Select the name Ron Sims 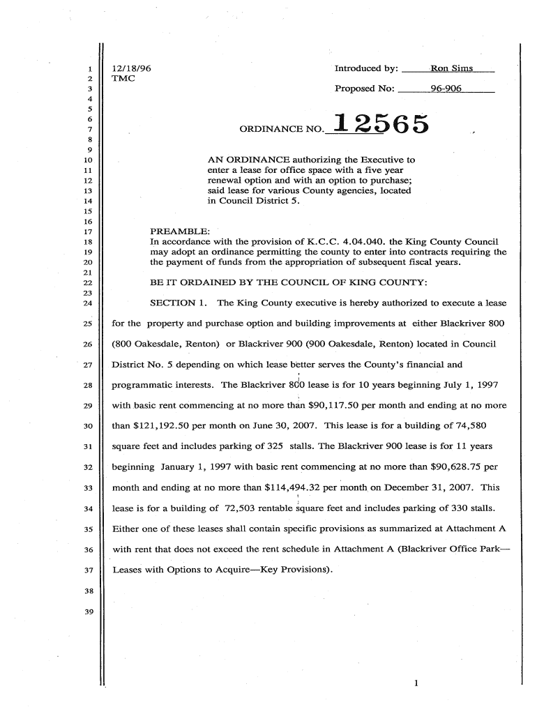pos(451,68)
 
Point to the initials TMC pos(123,79)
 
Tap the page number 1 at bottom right pos(416,683)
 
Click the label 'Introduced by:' pos(366,68)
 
